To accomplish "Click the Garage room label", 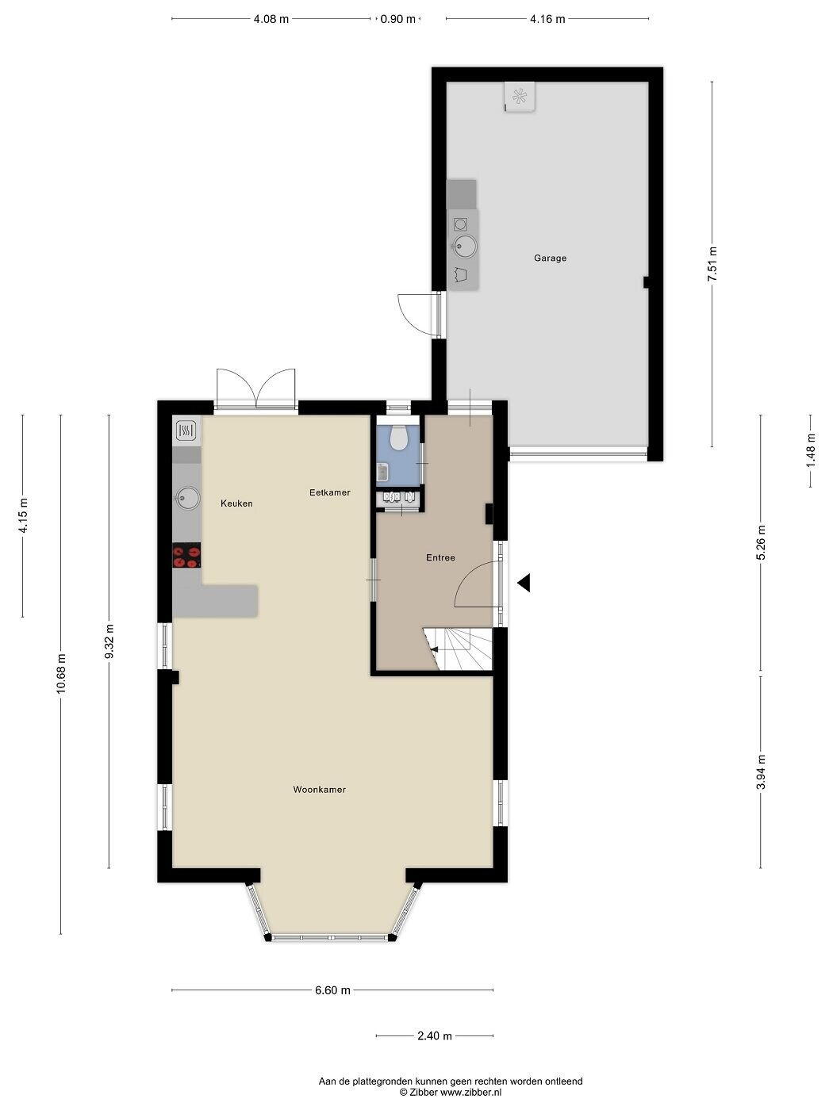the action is click(550, 258).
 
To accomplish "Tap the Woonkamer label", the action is click(319, 790).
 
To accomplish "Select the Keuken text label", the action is click(236, 503).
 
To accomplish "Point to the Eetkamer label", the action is click(330, 492).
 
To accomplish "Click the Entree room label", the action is click(440, 558).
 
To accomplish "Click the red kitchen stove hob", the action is click(186, 555).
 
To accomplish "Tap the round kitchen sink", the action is click(187, 498).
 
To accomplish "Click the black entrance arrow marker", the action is click(524, 583).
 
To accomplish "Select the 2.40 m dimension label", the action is click(434, 1035).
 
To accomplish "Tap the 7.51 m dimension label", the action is click(712, 264).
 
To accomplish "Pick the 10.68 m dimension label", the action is click(61, 674).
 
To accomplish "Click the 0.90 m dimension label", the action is click(397, 19).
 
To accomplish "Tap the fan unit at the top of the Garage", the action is click(520, 96).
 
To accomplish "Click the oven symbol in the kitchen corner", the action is click(186, 431).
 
